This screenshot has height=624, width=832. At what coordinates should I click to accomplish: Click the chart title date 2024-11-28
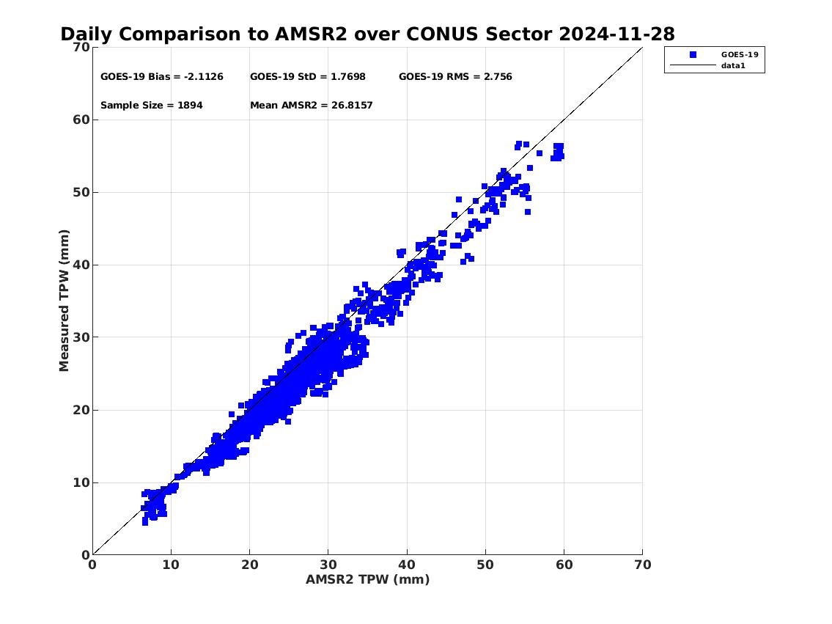[617, 34]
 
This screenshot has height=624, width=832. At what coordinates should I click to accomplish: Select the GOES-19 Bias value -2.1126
[203, 76]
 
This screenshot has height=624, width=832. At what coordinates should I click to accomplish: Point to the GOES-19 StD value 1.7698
[348, 76]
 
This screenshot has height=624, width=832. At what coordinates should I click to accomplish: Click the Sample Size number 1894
[190, 105]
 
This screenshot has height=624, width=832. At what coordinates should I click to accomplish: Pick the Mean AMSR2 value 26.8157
[352, 105]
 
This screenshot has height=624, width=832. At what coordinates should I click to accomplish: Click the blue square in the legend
[693, 55]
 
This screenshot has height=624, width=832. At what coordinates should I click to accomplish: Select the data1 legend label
[733, 66]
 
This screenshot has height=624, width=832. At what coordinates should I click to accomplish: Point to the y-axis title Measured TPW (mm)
[64, 301]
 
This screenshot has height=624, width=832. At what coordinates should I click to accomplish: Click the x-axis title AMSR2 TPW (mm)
[368, 579]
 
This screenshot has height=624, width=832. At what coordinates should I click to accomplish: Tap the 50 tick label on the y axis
[81, 192]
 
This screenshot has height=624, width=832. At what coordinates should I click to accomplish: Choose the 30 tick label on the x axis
[328, 565]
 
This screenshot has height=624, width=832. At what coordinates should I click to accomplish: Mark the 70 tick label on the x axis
[642, 565]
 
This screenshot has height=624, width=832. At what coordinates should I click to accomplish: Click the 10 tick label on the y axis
[81, 483]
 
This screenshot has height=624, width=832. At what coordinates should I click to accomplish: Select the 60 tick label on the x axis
[564, 565]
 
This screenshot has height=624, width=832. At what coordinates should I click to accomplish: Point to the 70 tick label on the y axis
[81, 47]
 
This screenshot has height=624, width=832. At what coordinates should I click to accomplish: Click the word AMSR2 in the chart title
[311, 34]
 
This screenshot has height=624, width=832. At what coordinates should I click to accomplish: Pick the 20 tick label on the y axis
[81, 410]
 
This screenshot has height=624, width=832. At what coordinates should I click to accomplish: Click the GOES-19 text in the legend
[740, 54]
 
